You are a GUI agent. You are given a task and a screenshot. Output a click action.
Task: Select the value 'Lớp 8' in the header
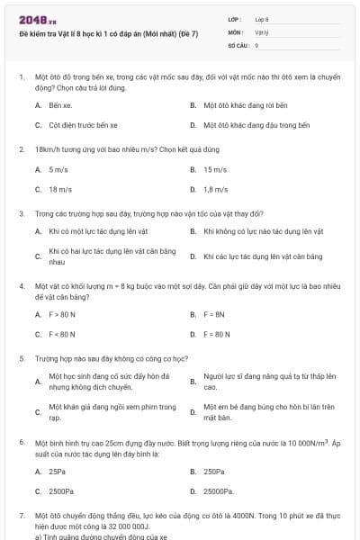coord(262,18)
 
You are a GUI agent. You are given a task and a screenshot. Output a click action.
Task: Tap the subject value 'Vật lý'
coord(261,31)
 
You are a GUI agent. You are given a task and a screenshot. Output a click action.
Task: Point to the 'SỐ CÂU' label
coord(237,43)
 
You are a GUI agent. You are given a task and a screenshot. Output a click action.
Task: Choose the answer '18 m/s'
coord(59,189)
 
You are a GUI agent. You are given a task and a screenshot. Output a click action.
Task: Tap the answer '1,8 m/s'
coord(216,189)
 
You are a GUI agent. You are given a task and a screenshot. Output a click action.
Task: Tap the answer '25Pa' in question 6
coord(57,471)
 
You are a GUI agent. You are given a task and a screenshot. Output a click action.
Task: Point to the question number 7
coord(21,516)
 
